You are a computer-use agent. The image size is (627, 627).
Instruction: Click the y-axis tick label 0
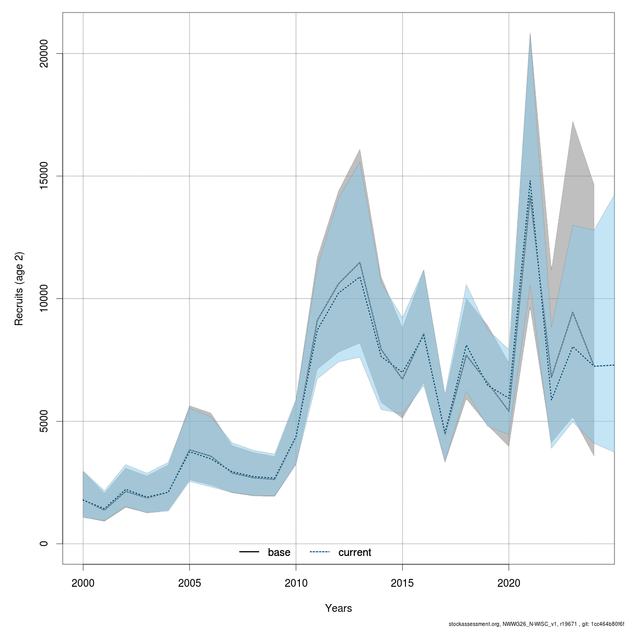44,543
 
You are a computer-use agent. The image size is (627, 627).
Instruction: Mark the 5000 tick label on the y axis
44,421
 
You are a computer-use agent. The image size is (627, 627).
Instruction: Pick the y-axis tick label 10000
44,298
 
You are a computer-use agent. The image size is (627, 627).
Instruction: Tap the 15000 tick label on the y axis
44,176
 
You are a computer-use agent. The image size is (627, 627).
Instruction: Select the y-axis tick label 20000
44,53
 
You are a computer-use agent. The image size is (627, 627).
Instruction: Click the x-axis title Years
339,608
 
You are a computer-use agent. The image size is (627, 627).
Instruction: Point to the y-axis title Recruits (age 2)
19,289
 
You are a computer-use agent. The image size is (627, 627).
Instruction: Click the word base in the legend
279,553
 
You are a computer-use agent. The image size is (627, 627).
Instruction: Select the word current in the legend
355,553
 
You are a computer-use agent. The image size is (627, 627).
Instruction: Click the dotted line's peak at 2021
530,181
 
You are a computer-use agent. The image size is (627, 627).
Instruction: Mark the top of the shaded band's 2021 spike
530,33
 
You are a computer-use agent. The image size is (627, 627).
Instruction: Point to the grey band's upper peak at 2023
573,122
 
